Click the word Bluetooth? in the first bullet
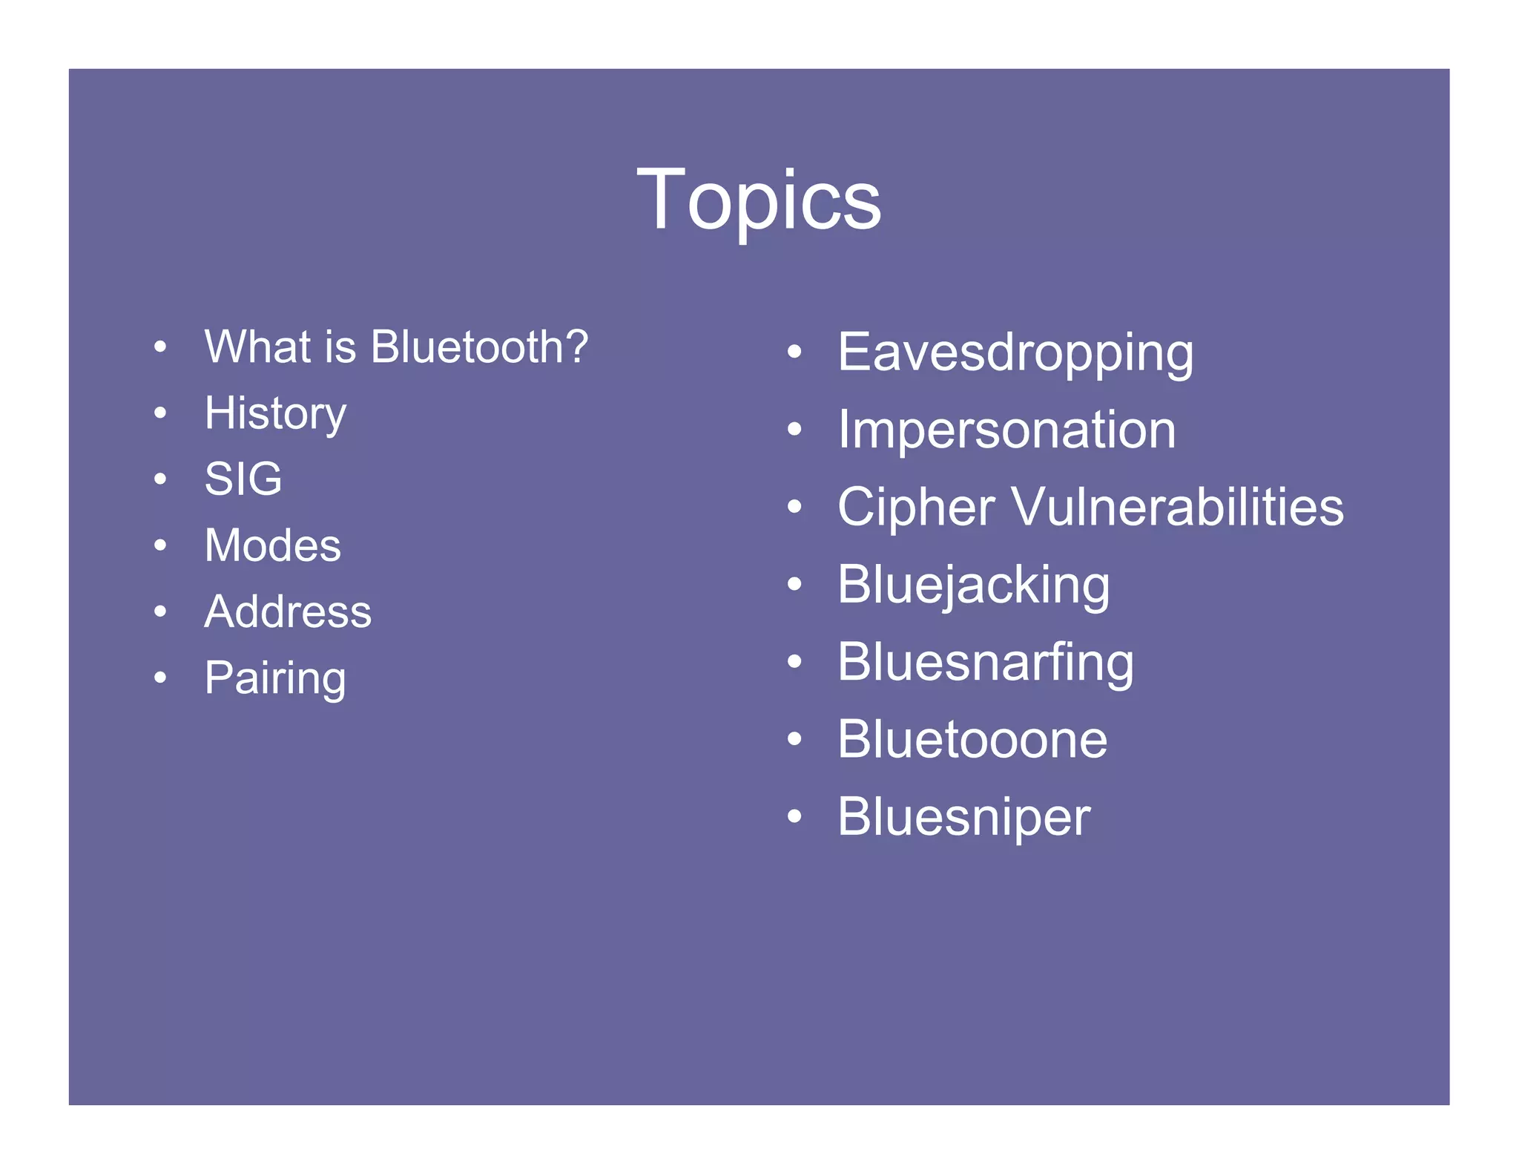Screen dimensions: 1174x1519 pos(479,347)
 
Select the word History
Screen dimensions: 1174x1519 pos(275,413)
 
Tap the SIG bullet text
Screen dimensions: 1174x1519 pos(243,479)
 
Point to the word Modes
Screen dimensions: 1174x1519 pos(272,545)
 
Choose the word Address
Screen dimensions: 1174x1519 pos(288,611)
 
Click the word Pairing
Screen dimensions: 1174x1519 pos(275,678)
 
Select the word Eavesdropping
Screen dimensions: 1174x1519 pos(1015,352)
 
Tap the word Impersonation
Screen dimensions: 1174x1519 pos(1006,430)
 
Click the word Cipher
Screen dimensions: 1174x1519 pos(916,508)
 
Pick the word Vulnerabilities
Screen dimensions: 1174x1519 pos(1177,508)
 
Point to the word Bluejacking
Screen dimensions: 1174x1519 pos(973,586)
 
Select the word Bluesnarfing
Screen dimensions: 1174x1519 pos(985,663)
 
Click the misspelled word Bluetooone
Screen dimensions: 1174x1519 pos(972,740)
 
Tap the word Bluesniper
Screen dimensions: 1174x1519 pos(963,817)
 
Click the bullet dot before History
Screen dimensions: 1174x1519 pos(160,413)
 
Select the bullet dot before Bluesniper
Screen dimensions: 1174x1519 pos(794,817)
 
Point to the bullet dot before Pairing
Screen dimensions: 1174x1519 pos(160,678)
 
